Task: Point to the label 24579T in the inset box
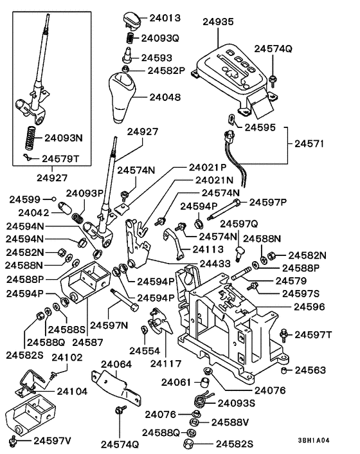pos(62,158)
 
